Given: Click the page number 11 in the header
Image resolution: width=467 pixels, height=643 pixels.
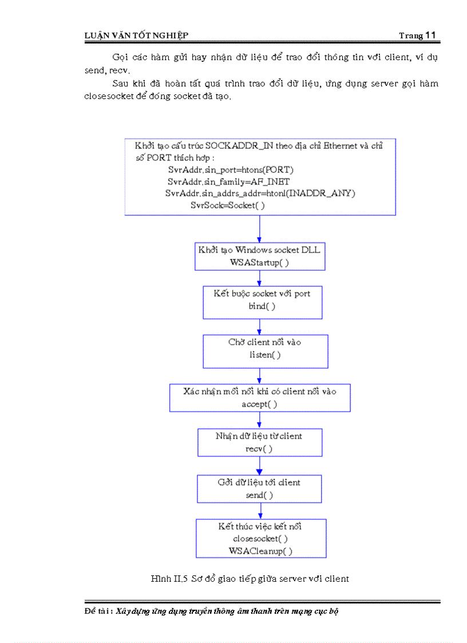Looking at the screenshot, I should point(431,35).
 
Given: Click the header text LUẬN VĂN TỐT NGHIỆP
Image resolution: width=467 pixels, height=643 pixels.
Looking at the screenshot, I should point(136,36).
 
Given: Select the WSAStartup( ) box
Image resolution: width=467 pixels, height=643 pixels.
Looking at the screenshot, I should point(260,256).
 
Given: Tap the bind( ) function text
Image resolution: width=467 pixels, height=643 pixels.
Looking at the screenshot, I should point(262,306).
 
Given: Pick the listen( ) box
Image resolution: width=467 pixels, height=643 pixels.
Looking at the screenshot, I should point(265,351).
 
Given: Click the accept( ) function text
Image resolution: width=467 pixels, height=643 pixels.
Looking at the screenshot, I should point(260,404).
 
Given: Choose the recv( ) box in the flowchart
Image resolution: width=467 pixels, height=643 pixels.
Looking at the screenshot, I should point(259,442).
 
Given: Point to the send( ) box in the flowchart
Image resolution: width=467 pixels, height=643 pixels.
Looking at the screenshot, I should point(259,488).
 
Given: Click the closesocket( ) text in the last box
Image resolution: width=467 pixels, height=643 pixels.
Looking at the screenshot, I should point(260,539).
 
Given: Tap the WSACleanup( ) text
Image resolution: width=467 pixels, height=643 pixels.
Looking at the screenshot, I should point(260,551).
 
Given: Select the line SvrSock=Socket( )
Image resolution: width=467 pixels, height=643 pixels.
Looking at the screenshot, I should point(228,205).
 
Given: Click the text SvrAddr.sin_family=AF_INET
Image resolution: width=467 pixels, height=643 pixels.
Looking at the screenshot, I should point(228,182).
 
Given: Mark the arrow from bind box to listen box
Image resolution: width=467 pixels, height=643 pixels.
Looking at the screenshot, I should point(260,326).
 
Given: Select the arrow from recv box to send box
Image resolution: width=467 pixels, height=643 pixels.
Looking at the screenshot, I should point(260,466).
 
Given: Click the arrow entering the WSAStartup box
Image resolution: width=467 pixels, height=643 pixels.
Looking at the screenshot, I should point(260,229).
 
